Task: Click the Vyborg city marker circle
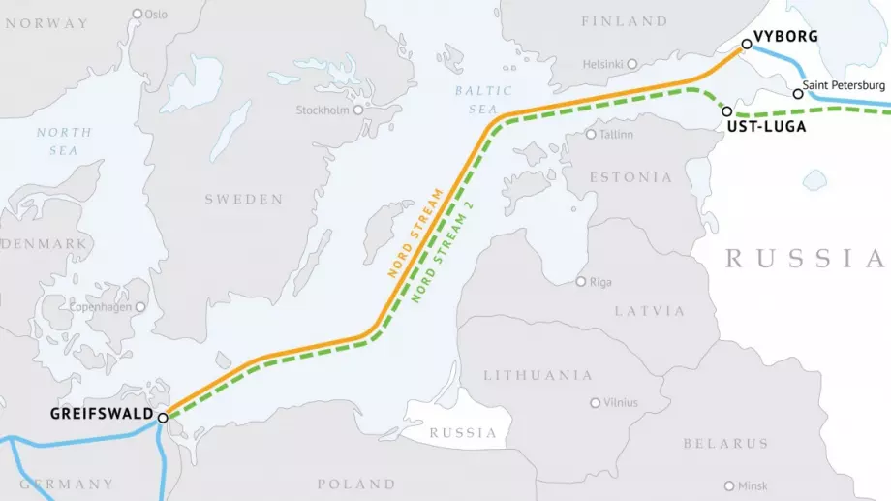pyautogui.click(x=746, y=44)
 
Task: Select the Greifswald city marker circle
pyautogui.click(x=163, y=418)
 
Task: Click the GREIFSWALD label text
pyautogui.click(x=102, y=415)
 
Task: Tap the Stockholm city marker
pyautogui.click(x=358, y=110)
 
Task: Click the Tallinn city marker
pyautogui.click(x=591, y=134)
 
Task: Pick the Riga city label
pyautogui.click(x=600, y=282)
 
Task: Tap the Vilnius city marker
pyautogui.click(x=595, y=402)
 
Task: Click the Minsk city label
pyautogui.click(x=753, y=485)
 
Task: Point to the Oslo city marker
pyautogui.click(x=137, y=14)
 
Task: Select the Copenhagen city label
pyautogui.click(x=101, y=307)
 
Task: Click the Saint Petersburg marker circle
pyautogui.click(x=797, y=94)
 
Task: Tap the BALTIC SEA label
pyautogui.click(x=476, y=100)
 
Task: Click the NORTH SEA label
pyautogui.click(x=64, y=141)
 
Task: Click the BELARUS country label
pyautogui.click(x=725, y=443)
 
